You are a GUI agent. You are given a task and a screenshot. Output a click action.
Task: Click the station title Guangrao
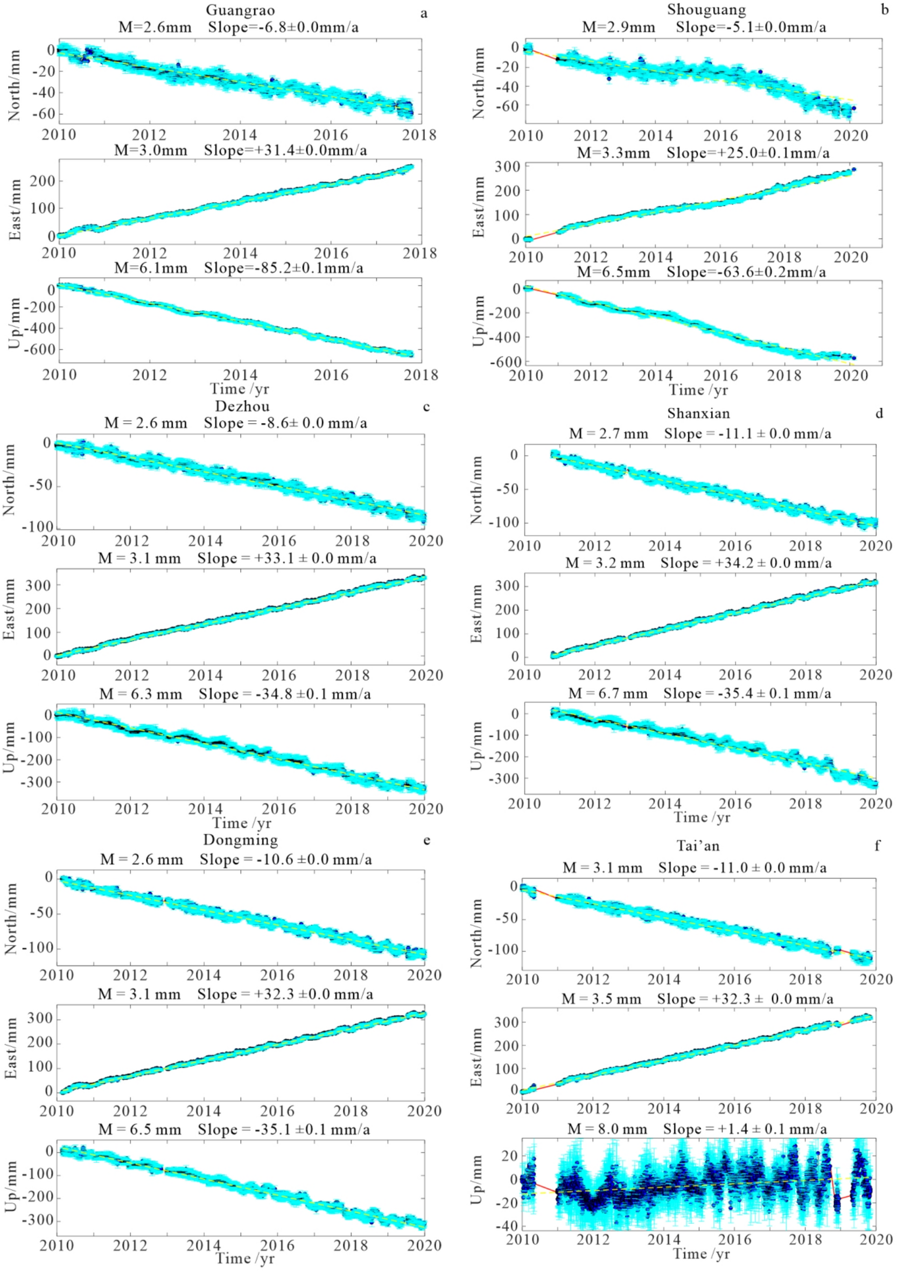pyautogui.click(x=240, y=10)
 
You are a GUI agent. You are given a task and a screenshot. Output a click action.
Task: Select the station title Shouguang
pyautogui.click(x=706, y=10)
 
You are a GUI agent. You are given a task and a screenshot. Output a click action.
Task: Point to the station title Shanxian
pyautogui.click(x=699, y=414)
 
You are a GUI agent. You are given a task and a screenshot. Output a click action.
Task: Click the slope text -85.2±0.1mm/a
pyautogui.click(x=284, y=268)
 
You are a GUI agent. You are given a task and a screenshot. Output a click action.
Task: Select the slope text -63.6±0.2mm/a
pyautogui.click(x=746, y=272)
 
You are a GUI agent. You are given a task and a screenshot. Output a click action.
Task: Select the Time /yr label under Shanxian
pyautogui.click(x=702, y=818)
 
